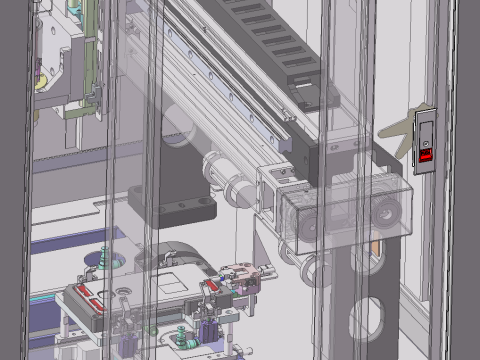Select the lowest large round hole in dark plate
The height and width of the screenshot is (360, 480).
(x=367, y=320)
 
